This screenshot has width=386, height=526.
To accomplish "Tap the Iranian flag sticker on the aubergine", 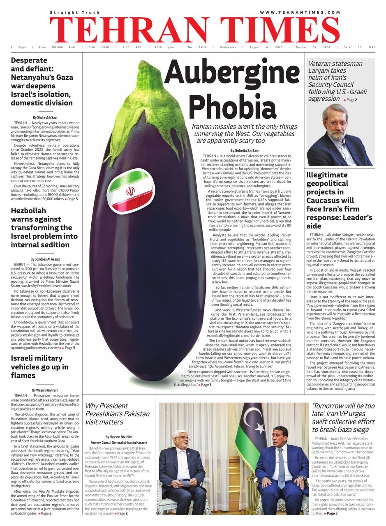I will pyautogui.click(x=130, y=192).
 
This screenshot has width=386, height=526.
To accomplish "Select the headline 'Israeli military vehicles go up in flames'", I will pyautogui.click(x=39, y=367).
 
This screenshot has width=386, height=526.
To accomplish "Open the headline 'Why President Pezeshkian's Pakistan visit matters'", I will pyautogui.click(x=117, y=414).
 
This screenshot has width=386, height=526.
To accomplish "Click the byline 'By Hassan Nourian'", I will pyautogui.click(x=119, y=437).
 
